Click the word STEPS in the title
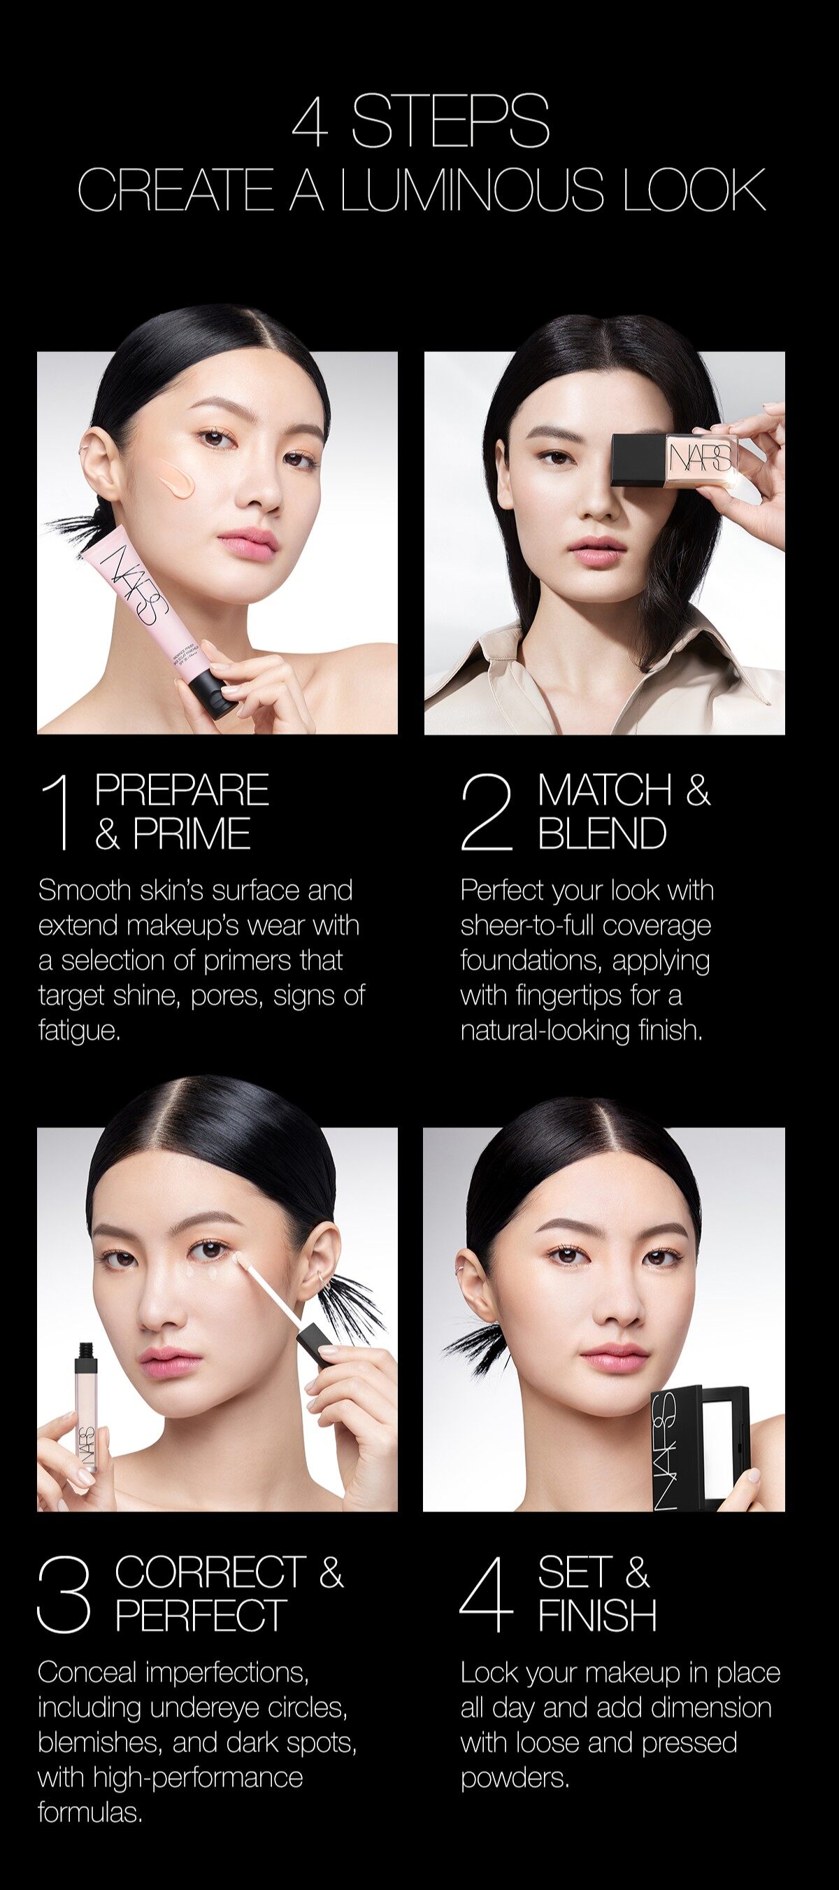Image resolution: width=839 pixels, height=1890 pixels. tap(450, 121)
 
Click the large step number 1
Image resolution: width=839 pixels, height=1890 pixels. tap(59, 813)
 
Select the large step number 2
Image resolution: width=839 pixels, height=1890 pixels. tap(486, 813)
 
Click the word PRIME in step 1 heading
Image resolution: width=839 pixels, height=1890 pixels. tap(192, 834)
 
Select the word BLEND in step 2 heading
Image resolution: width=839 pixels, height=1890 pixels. tap(602, 834)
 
